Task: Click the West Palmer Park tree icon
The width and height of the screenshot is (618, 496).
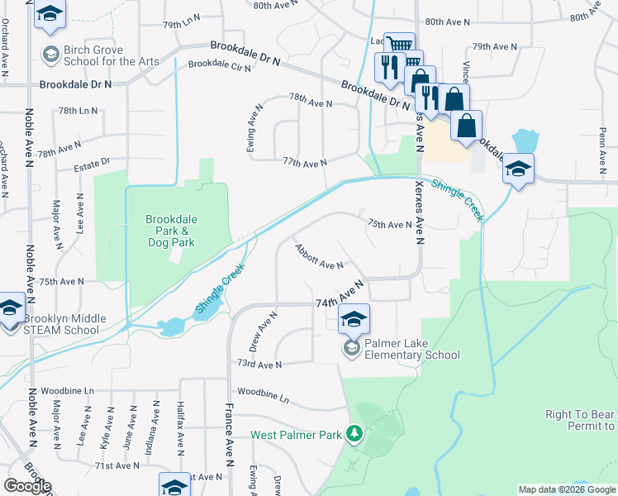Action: pyautogui.click(x=354, y=433)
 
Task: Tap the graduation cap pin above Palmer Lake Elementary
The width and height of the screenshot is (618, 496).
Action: pyautogui.click(x=354, y=319)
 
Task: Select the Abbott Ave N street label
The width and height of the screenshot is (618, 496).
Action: pyautogui.click(x=318, y=260)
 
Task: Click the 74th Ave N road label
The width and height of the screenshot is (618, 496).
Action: pyautogui.click(x=340, y=295)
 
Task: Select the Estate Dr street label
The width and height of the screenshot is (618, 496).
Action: pyautogui.click(x=93, y=163)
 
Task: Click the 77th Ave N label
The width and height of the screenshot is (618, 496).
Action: pyautogui.click(x=306, y=163)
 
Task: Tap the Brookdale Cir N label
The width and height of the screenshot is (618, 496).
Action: pyautogui.click(x=220, y=65)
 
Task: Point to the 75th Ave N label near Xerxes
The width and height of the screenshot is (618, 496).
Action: pyautogui.click(x=389, y=225)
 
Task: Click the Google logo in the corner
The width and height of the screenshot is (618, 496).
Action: pyautogui.click(x=27, y=486)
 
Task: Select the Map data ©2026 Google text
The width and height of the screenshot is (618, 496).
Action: pyautogui.click(x=566, y=489)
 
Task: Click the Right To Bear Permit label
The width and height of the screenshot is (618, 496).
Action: pyautogui.click(x=581, y=421)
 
